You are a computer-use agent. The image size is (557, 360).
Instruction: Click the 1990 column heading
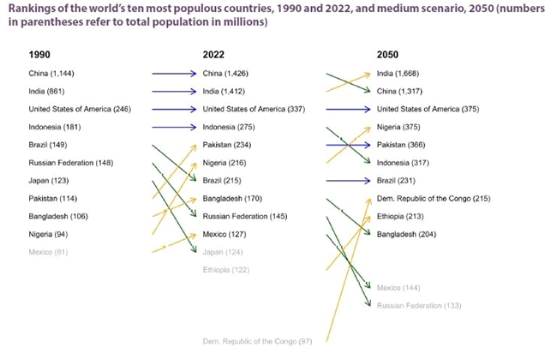coord(39,54)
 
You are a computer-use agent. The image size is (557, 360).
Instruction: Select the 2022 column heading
coord(213,54)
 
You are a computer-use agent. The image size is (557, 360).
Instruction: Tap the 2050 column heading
coord(387,54)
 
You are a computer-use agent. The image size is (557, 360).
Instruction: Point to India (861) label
coord(46,91)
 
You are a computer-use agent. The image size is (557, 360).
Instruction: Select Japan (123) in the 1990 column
coord(49,180)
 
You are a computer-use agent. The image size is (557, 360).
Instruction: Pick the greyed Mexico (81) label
coord(48,251)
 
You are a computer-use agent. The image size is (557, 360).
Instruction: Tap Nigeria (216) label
coord(225,163)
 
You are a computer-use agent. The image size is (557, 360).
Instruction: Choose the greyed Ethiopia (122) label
coord(227,269)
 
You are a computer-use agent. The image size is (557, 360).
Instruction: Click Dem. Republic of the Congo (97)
coord(257,341)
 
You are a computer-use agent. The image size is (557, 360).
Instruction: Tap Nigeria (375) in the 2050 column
coord(398,127)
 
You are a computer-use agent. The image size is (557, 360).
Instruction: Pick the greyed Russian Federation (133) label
coord(419,305)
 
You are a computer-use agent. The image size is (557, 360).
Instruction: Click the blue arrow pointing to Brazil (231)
coord(347,181)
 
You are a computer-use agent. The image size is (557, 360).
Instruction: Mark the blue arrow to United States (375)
coord(347,109)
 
